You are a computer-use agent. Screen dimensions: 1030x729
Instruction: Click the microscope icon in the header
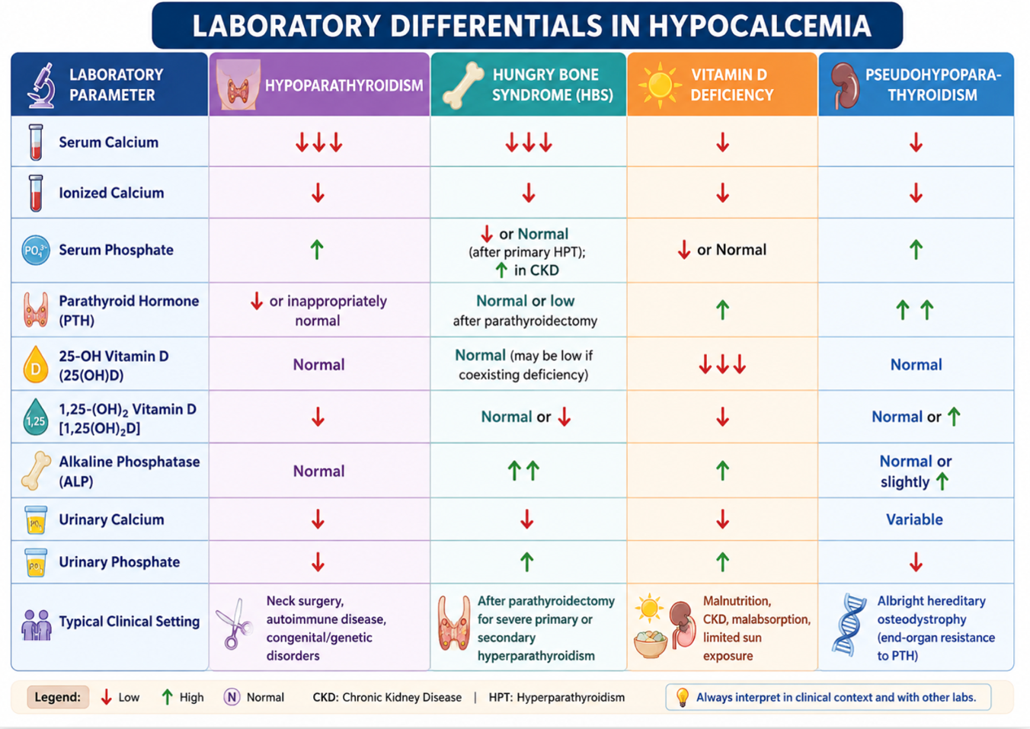click(x=41, y=85)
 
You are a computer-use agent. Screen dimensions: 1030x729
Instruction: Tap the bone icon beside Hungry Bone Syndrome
click(x=462, y=85)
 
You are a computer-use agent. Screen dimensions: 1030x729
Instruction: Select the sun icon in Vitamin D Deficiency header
click(x=660, y=85)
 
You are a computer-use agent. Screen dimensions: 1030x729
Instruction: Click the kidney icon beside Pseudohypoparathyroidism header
click(x=845, y=85)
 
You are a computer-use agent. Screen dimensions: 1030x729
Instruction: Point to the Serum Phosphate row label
click(x=116, y=250)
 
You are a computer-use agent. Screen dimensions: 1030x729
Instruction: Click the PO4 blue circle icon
click(x=36, y=250)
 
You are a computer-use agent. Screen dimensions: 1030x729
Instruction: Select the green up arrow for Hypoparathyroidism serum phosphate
click(x=317, y=250)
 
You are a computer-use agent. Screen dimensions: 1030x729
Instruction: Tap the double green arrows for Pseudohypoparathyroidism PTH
click(x=915, y=309)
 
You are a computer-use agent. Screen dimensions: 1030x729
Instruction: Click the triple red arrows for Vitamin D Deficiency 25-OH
click(x=722, y=364)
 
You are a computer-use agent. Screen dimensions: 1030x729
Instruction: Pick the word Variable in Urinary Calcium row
click(x=915, y=520)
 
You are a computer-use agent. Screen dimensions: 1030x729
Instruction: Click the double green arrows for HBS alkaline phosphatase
click(x=523, y=471)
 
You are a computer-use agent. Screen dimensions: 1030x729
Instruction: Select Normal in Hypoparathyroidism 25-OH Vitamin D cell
click(x=318, y=364)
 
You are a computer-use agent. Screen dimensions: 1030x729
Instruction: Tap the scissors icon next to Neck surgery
click(x=234, y=623)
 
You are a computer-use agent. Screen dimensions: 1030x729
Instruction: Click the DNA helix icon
click(x=848, y=624)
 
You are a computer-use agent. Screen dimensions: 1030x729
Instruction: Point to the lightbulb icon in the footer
click(x=683, y=697)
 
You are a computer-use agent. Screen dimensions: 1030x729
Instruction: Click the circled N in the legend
click(x=232, y=697)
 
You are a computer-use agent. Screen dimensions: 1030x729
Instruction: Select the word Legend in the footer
click(x=58, y=697)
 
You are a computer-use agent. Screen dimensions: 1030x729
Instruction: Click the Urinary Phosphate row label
click(x=119, y=561)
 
